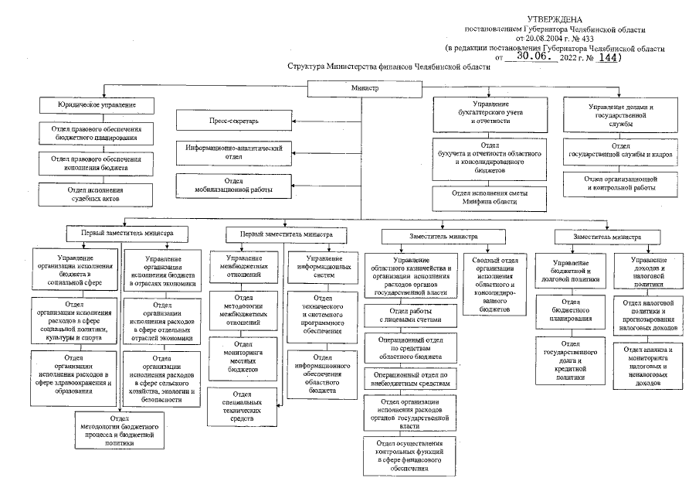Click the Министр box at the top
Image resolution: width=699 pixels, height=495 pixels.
pyautogui.click(x=365, y=88)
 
